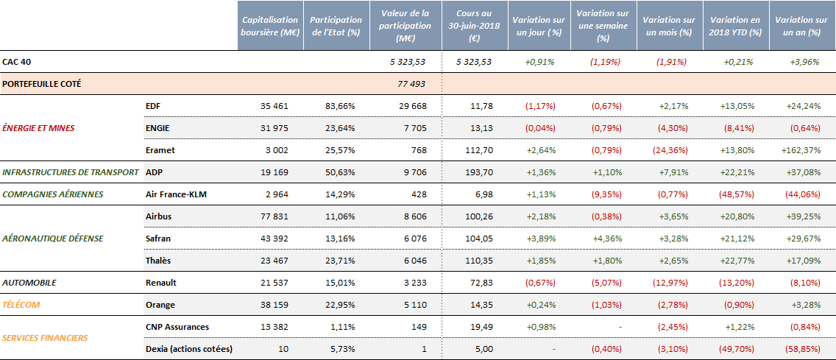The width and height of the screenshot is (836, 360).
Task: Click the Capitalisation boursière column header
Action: tap(270, 26)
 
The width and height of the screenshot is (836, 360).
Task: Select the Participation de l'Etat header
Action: tap(336, 26)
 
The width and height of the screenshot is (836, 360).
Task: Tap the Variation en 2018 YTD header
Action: tap(734, 26)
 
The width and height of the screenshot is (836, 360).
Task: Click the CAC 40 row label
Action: tap(16, 62)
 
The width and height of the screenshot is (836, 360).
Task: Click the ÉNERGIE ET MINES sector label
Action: tap(38, 127)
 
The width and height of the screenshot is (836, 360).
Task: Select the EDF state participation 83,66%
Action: tap(340, 106)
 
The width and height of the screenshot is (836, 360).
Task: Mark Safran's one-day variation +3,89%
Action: tap(540, 239)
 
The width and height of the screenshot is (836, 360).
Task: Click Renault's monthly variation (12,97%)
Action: tap(671, 283)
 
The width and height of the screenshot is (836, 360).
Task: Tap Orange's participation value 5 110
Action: tap(413, 305)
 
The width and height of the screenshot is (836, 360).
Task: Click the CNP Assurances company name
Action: tap(177, 327)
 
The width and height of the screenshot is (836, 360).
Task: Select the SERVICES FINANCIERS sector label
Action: tap(45, 338)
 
